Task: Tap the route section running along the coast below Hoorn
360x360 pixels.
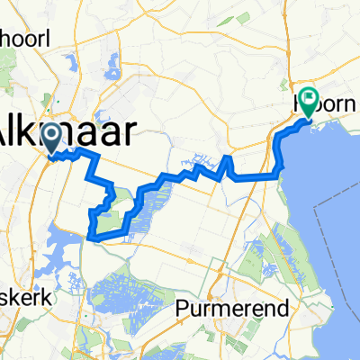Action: click(x=282, y=148)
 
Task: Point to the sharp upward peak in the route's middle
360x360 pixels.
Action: click(x=227, y=158)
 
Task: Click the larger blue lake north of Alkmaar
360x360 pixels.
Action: click(x=114, y=67)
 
